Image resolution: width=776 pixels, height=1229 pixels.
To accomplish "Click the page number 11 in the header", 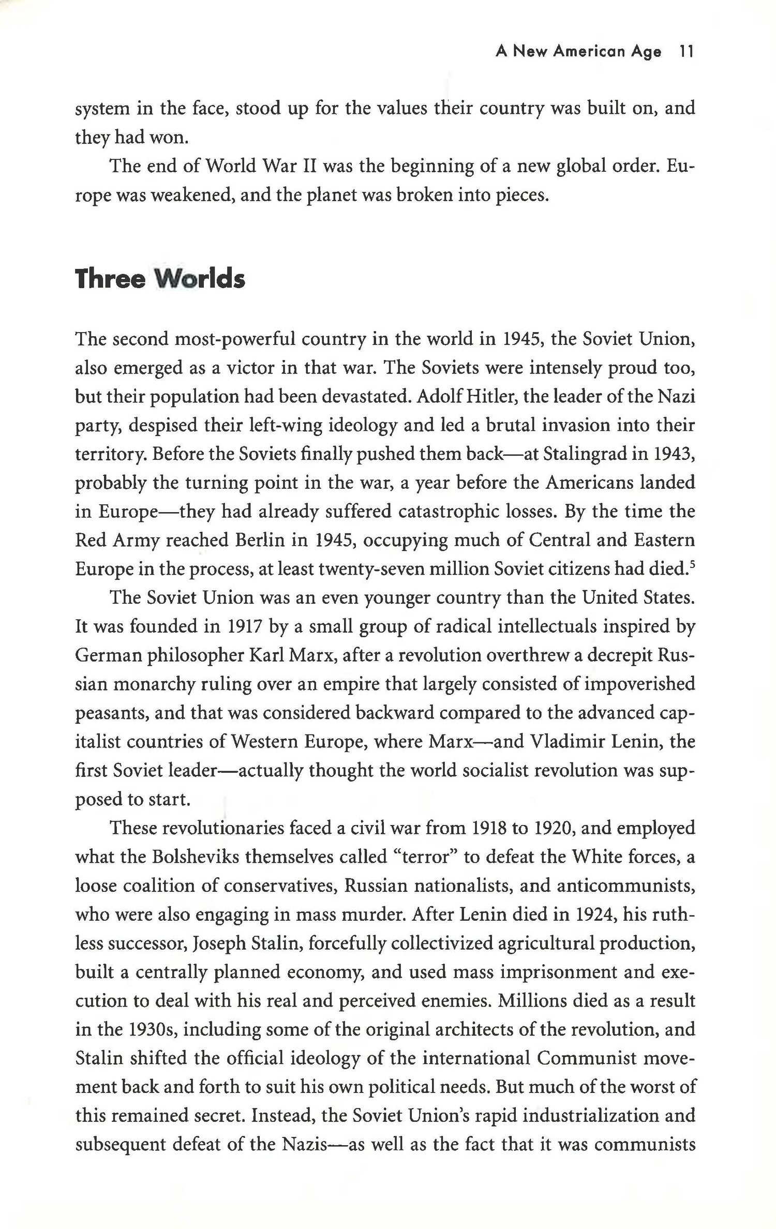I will coord(686,52).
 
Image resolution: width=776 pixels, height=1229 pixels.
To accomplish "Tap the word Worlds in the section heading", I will coord(200,279).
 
